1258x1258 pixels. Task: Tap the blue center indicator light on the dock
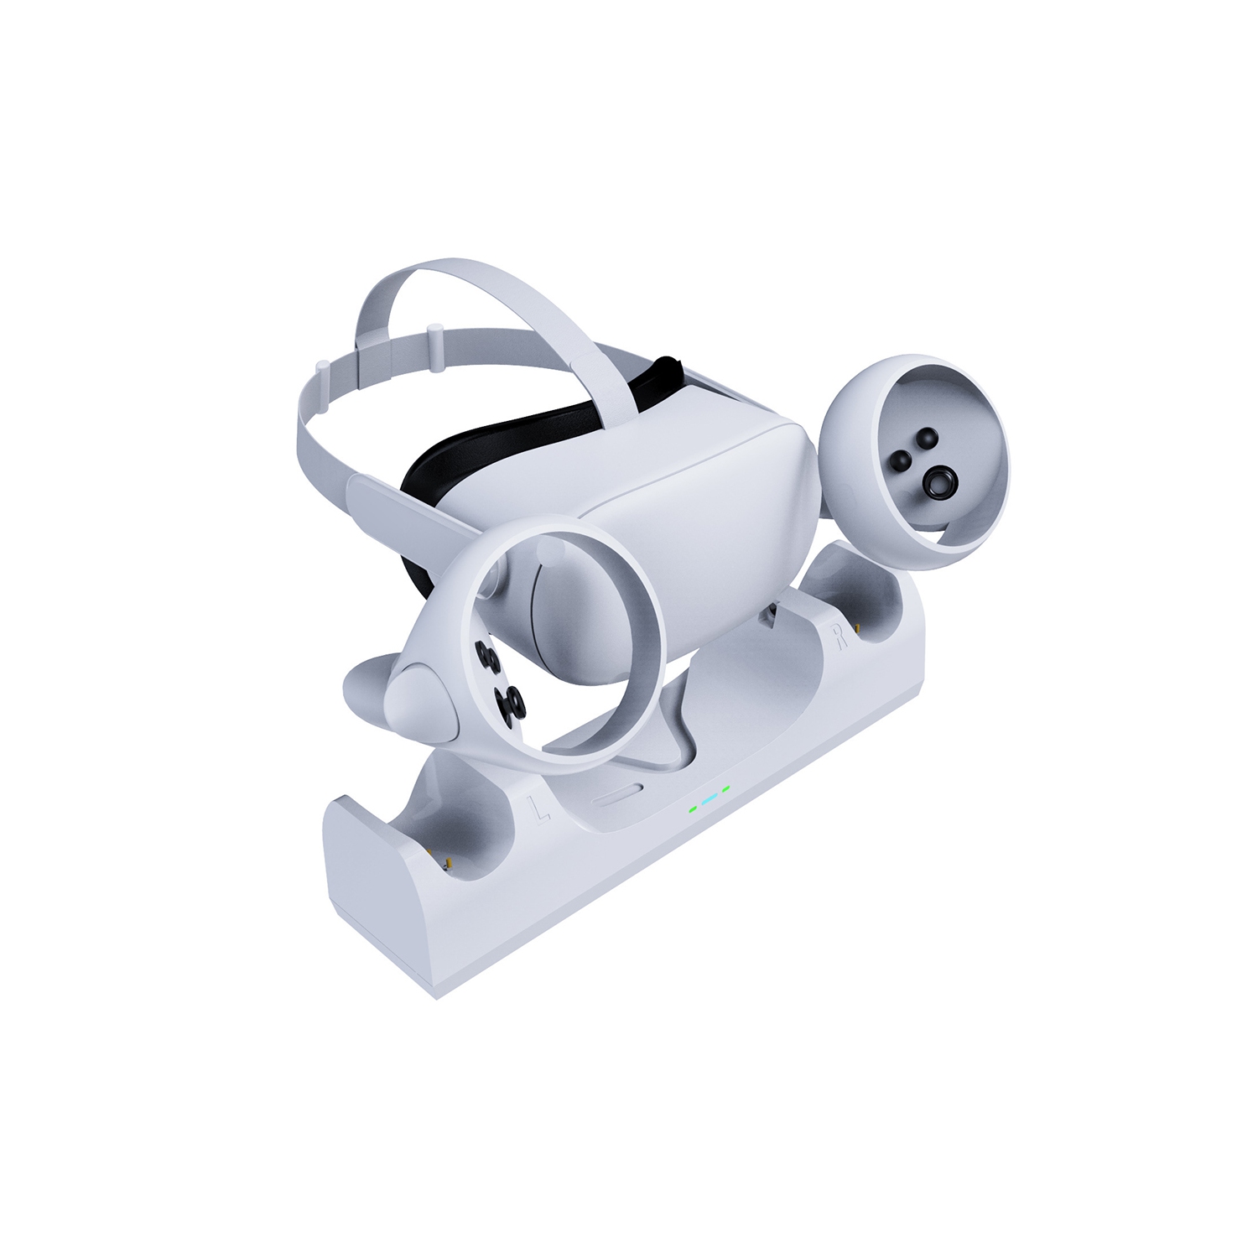710,798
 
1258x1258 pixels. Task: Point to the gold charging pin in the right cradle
858,625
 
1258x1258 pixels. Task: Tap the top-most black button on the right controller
927,437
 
